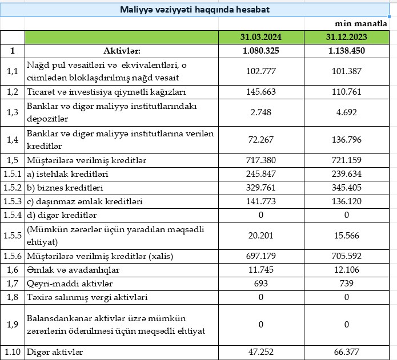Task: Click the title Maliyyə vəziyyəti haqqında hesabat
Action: [195, 10]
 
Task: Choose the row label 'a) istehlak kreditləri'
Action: [67, 174]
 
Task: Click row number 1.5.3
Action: [13, 201]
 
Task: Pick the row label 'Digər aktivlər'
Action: [55, 352]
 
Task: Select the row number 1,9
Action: [13, 325]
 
